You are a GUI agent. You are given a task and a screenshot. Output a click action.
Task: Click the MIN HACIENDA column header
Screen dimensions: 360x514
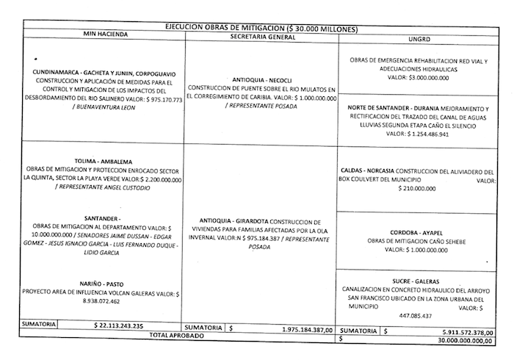[105, 35]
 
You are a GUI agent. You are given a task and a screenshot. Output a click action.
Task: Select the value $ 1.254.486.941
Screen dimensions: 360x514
[416, 134]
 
